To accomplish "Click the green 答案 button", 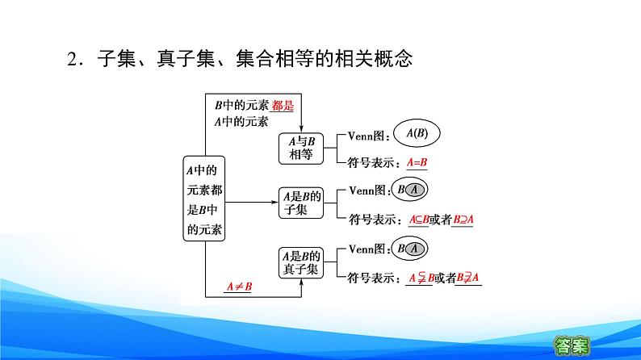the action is tap(572, 345).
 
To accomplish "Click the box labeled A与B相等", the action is tap(301, 149).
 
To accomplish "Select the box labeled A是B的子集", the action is tap(301, 203).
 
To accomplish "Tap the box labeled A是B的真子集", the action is tap(301, 263).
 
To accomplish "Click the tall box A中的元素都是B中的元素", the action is tap(204, 199).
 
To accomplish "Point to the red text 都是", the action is tap(283, 106).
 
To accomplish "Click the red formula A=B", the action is tap(417, 162).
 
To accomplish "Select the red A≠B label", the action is tap(239, 287).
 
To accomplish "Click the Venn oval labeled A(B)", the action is tap(417, 133).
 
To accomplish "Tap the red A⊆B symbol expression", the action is tap(419, 220).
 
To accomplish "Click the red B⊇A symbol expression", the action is tap(463, 220).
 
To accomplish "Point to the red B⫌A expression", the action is tap(467, 278).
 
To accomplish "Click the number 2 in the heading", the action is tap(73, 59).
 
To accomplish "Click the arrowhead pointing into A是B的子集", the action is tap(275, 203).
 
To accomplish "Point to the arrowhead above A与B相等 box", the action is tap(301, 129).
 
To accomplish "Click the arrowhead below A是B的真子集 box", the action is tap(301, 283).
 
